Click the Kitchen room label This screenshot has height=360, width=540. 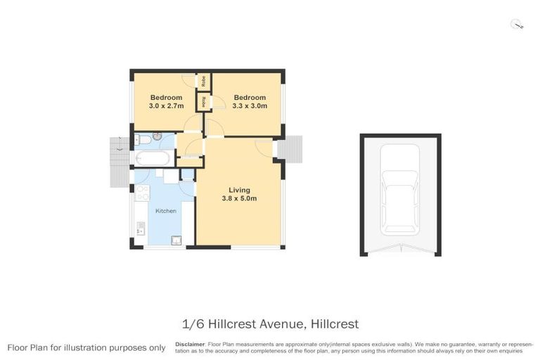click(166, 211)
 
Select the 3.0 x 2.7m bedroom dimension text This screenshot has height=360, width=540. click(166, 106)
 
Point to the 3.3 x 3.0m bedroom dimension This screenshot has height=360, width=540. click(250, 106)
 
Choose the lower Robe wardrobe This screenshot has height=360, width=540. click(204, 102)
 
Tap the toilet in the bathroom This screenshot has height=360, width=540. click(141, 139)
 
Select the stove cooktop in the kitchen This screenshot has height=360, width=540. click(142, 193)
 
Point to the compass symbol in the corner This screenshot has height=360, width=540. click(518, 25)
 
